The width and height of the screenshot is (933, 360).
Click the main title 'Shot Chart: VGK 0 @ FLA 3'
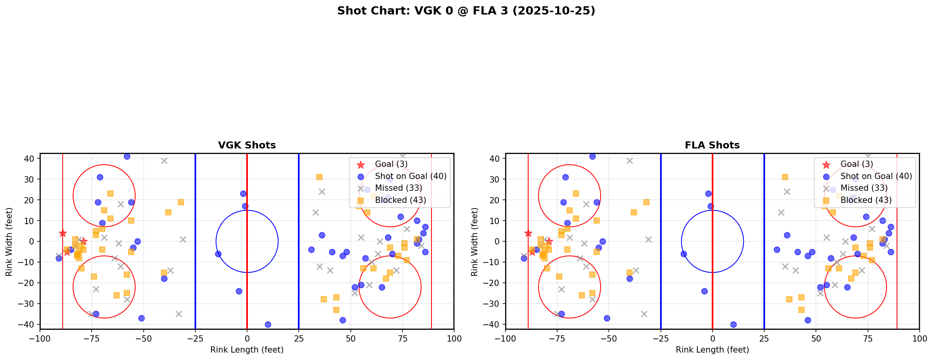(x=466, y=11)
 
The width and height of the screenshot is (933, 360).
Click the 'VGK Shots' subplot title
(x=247, y=145)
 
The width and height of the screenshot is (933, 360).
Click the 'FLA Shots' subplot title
(x=712, y=145)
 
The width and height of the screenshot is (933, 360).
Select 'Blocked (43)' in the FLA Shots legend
(x=866, y=200)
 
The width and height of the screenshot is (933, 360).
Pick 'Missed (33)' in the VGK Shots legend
(x=398, y=188)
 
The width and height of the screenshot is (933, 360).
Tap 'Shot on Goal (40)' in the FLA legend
(x=876, y=176)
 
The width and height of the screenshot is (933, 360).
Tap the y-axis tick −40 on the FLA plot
(x=494, y=324)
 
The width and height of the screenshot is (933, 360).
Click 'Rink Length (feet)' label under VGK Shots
(x=247, y=350)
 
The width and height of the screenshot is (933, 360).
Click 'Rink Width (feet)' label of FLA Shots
(x=475, y=242)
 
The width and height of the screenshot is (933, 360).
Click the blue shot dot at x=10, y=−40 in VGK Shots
(x=268, y=324)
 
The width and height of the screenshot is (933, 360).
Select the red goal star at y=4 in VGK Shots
(x=63, y=233)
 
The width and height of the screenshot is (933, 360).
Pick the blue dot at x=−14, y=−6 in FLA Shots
(x=684, y=254)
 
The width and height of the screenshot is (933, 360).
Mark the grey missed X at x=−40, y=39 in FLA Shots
(x=630, y=161)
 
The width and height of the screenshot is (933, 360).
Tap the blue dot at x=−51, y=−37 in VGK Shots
(x=141, y=318)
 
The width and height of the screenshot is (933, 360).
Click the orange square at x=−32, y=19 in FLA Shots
(x=646, y=202)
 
